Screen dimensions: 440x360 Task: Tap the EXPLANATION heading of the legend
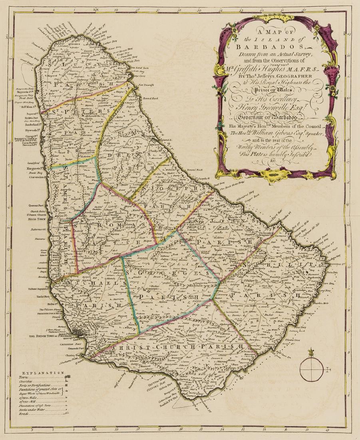point(41,373)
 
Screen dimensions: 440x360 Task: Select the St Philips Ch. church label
point(251,285)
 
